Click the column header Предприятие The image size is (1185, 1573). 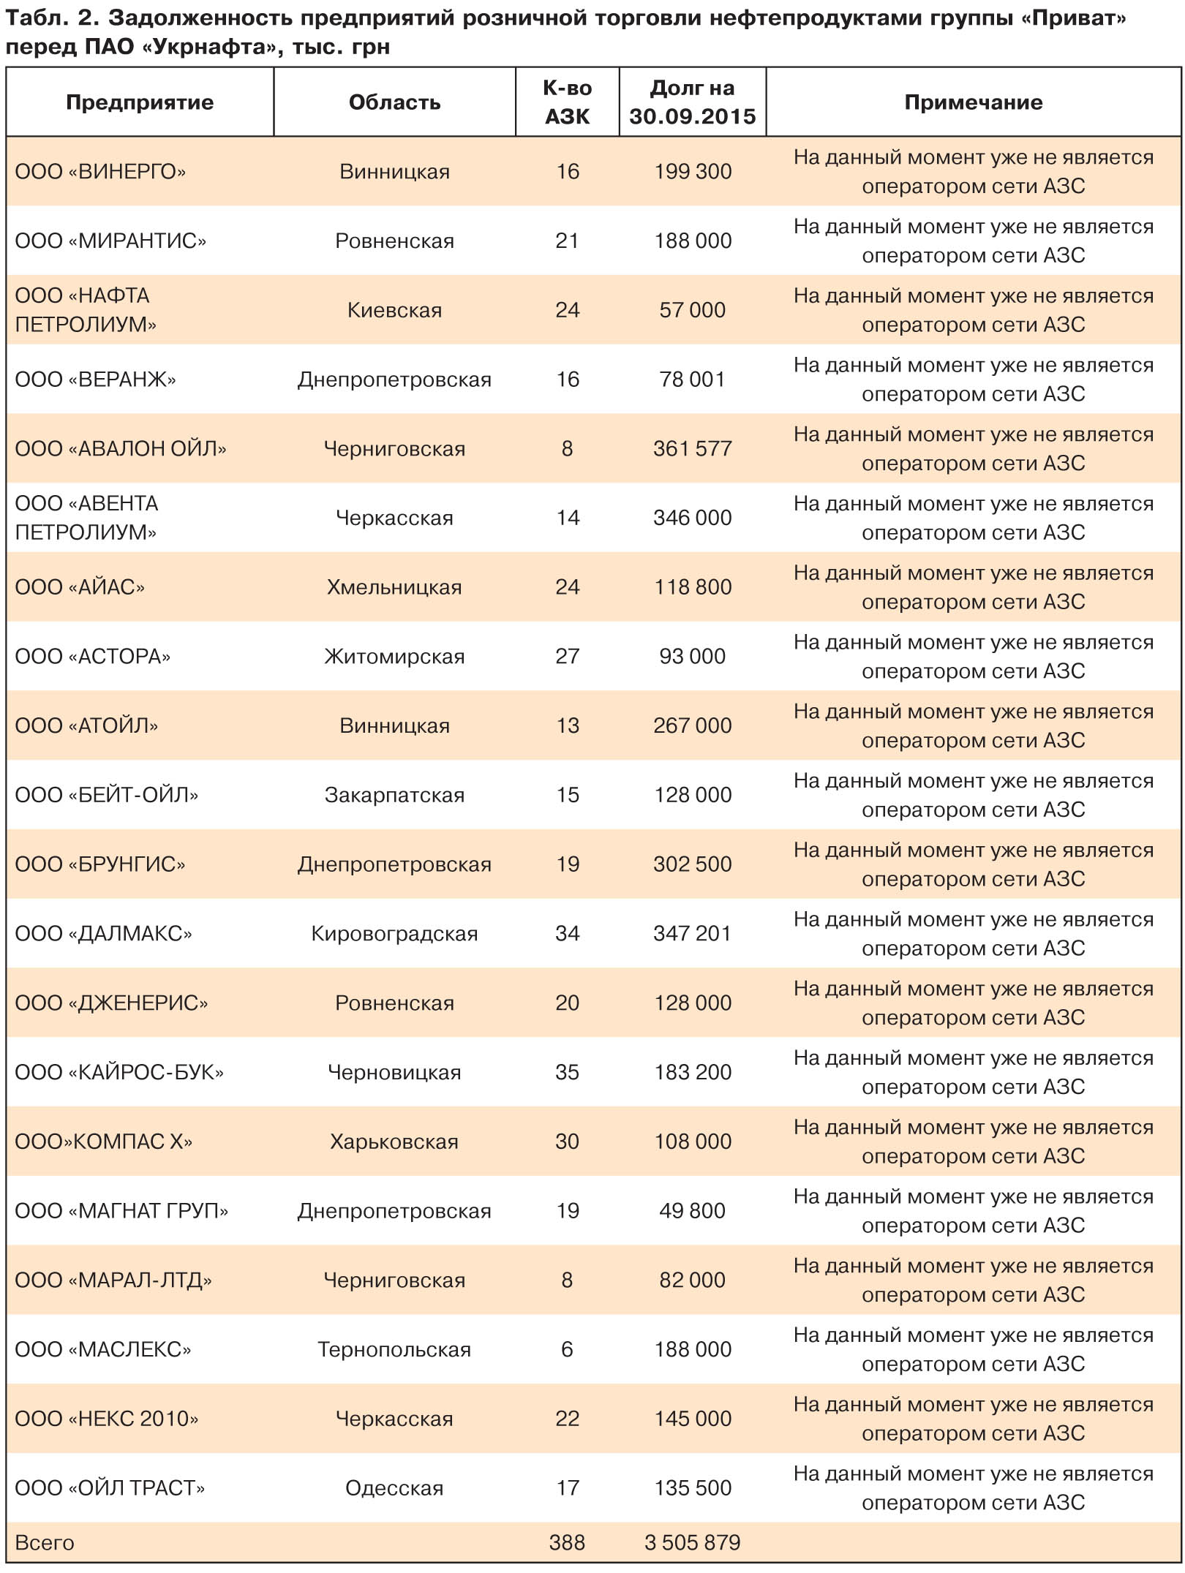tap(140, 102)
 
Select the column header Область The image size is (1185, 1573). tap(394, 102)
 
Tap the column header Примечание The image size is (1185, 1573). tap(973, 102)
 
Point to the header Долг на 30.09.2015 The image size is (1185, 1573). tap(692, 102)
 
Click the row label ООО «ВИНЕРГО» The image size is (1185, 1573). tap(100, 172)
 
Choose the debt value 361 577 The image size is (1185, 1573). tap(692, 448)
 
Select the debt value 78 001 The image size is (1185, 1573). tap(692, 380)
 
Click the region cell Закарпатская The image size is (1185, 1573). tap(394, 795)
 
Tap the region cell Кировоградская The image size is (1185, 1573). tap(394, 934)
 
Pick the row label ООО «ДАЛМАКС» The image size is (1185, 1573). tap(103, 934)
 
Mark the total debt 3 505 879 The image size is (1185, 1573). tap(692, 1542)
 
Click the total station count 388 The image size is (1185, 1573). tap(567, 1542)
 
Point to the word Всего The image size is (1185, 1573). tap(45, 1542)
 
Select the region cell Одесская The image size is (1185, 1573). tap(394, 1488)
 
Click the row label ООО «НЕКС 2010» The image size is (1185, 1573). tap(107, 1419)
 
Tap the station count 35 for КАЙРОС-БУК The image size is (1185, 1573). tap(567, 1072)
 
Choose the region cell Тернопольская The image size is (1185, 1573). tap(394, 1349)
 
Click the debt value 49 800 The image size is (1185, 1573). tap(692, 1210)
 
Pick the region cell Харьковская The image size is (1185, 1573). tap(394, 1142)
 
